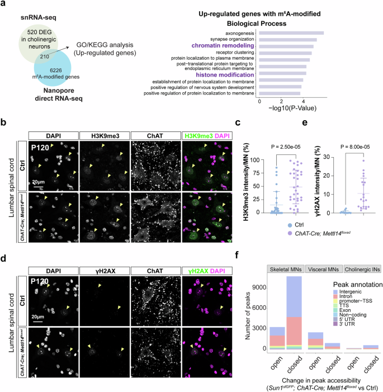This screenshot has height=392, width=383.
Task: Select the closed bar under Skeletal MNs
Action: click(x=294, y=313)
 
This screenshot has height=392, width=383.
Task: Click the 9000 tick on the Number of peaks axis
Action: click(x=255, y=285)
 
